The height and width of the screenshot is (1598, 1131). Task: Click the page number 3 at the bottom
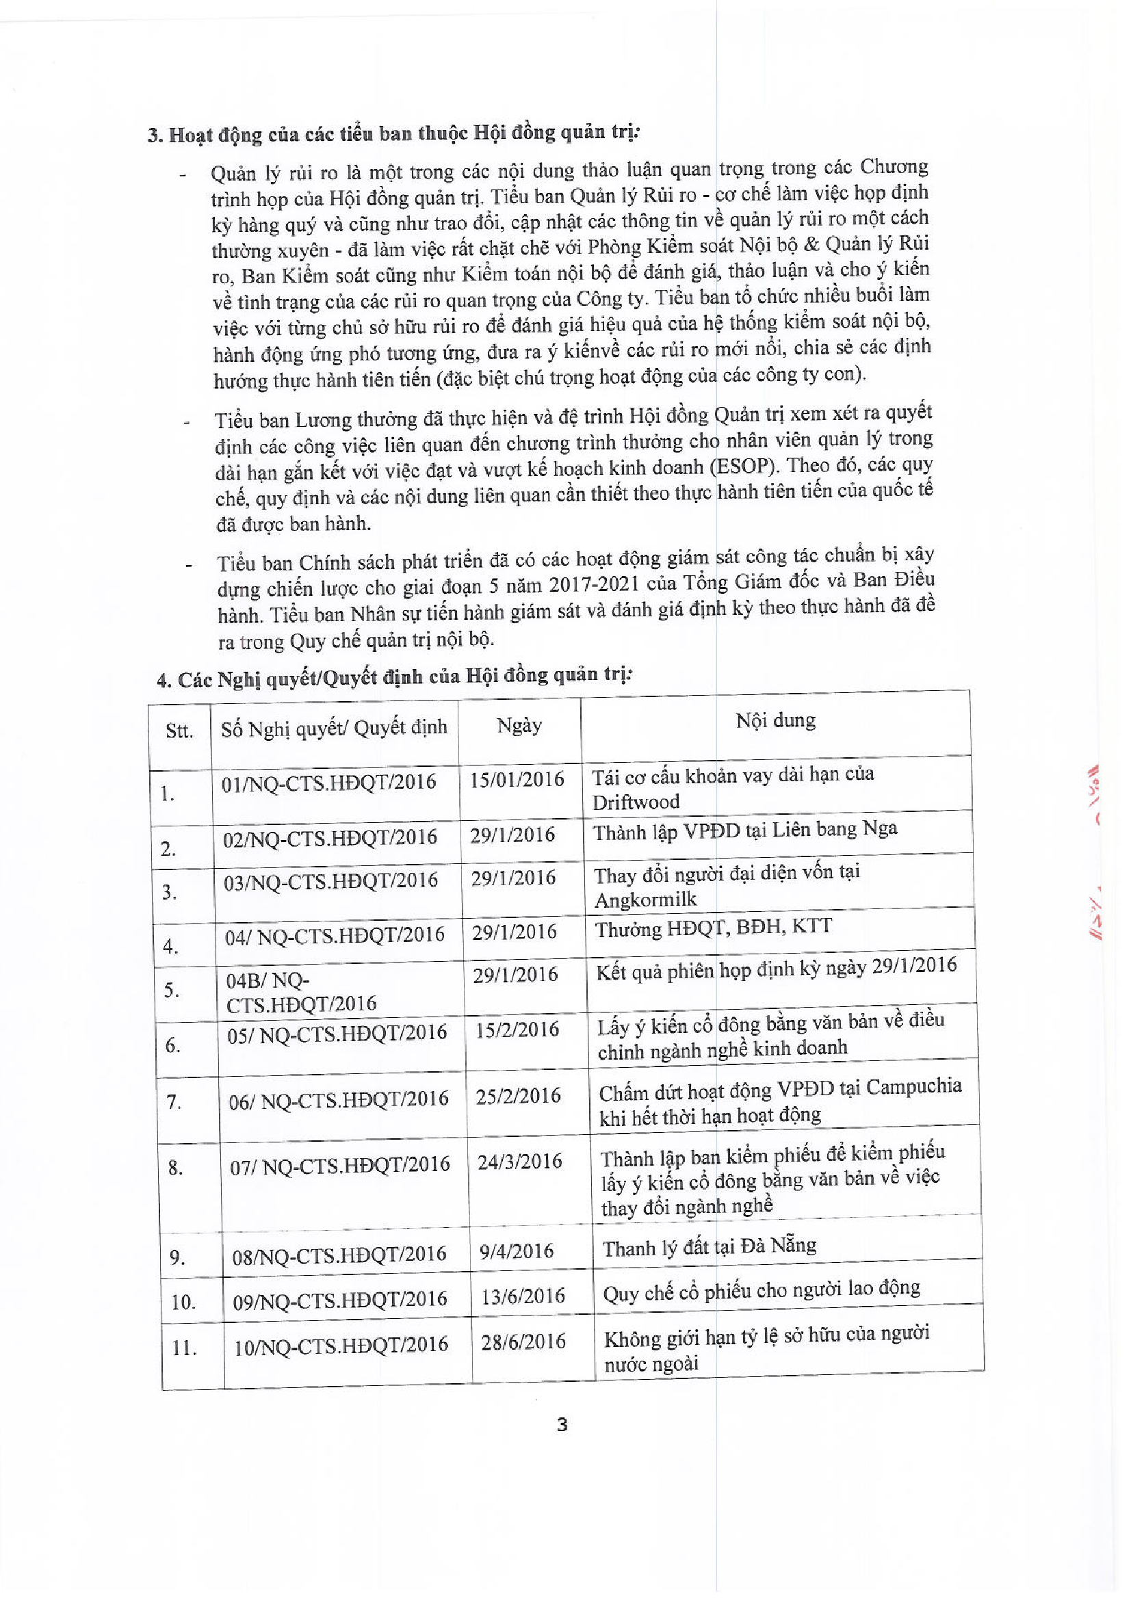[x=562, y=1425]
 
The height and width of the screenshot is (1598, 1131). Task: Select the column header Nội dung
[x=775, y=720]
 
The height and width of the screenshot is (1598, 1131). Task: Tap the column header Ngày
[x=519, y=726]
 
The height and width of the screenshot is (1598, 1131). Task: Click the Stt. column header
[x=179, y=731]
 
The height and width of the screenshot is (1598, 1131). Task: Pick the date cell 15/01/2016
[x=517, y=779]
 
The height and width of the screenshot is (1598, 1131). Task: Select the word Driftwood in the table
[x=636, y=802]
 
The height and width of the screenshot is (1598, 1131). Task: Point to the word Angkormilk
[x=645, y=900]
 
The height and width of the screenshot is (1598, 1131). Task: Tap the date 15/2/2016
[x=517, y=1029]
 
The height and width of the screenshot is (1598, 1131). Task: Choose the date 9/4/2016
[x=516, y=1251]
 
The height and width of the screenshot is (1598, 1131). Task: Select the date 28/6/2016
[x=523, y=1341]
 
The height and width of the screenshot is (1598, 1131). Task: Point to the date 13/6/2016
[x=522, y=1296]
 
